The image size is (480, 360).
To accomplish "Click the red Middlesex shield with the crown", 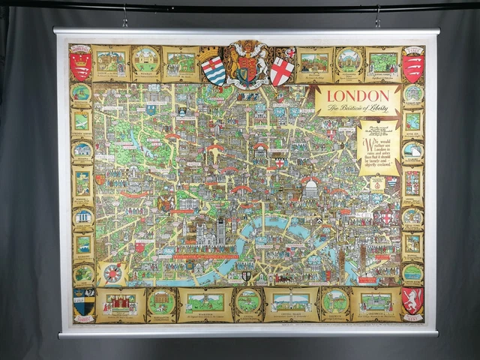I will (80, 64).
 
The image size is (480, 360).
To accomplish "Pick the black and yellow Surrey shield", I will (83, 301).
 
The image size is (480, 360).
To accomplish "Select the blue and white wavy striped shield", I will (213, 70).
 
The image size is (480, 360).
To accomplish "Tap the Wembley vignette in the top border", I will (145, 61).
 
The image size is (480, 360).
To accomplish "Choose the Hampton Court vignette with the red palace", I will (119, 303).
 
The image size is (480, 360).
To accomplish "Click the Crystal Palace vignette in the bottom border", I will (290, 303).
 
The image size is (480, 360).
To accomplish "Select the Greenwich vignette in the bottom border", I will (375, 303).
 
